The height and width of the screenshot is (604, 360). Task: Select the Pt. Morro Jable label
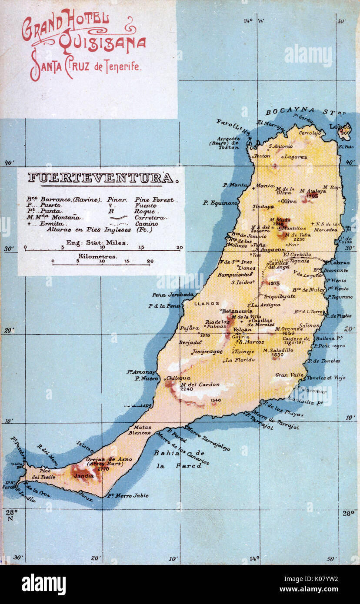point(128,495)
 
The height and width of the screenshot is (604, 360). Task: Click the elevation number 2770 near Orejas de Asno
point(103,469)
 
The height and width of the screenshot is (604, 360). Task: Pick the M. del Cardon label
point(200,385)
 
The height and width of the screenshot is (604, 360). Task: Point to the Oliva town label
point(289,201)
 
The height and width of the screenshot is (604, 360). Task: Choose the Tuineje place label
point(245,352)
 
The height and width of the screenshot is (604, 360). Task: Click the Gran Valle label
point(289,375)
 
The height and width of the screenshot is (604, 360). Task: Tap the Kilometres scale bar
point(101,264)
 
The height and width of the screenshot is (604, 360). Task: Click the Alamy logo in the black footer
point(43,584)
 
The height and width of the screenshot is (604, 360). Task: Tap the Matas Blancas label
point(143,430)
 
